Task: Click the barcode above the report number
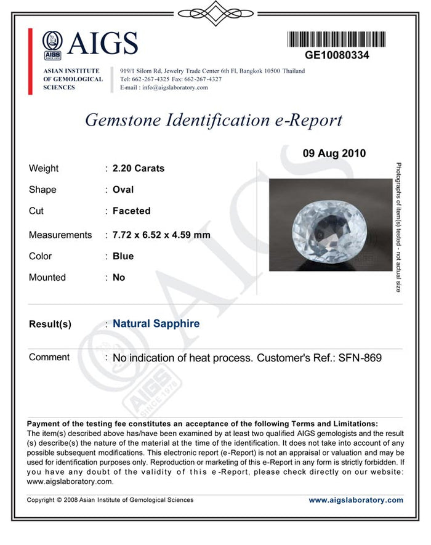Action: [x=337, y=39]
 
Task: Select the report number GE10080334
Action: [x=337, y=55]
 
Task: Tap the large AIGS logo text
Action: [x=102, y=43]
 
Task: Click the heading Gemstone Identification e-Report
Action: [x=213, y=119]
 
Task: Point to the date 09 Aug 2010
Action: [x=334, y=153]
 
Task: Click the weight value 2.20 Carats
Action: [x=139, y=168]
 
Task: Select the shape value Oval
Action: [x=123, y=190]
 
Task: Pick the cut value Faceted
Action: [x=131, y=211]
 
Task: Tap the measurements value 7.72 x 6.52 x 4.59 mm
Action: [x=161, y=235]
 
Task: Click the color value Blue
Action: [x=123, y=256]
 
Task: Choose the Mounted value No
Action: [x=119, y=277]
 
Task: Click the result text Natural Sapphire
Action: [x=156, y=323]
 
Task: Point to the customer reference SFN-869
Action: [x=360, y=357]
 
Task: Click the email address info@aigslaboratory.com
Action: [x=175, y=87]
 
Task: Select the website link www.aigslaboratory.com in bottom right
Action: [x=356, y=500]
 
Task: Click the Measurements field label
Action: [x=60, y=235]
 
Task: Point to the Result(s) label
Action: [x=50, y=324]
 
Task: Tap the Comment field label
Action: [x=49, y=357]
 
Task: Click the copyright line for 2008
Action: [x=110, y=500]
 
